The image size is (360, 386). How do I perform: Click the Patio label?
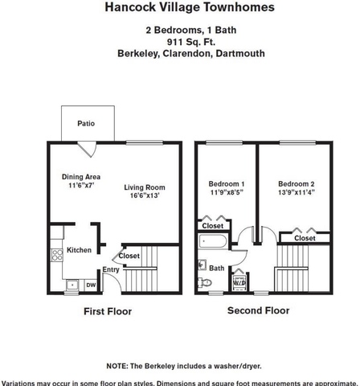click(86, 124)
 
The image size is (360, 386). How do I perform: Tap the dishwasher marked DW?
click(91, 285)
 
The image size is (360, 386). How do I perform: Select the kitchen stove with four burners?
click(57, 255)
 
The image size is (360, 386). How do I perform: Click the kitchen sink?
click(72, 285)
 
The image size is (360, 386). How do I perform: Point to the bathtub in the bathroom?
click(213, 241)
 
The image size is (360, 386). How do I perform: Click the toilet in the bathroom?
click(205, 282)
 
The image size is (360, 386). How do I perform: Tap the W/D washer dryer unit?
click(239, 282)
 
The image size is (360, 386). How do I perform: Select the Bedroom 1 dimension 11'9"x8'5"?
click(227, 192)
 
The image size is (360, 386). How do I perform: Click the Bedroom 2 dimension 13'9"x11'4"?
click(297, 192)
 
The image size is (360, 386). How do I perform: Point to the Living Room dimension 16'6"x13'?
click(145, 195)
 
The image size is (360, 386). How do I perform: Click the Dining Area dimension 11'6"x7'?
click(81, 185)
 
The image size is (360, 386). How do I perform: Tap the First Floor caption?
click(108, 311)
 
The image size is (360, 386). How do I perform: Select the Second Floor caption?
click(259, 310)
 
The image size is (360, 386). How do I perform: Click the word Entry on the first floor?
click(111, 269)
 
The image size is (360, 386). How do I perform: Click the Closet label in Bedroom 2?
click(305, 238)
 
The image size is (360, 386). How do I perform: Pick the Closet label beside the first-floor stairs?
click(129, 256)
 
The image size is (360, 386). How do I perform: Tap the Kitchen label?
click(79, 250)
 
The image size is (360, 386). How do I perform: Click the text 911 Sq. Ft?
click(191, 42)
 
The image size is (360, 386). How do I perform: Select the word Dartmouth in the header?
click(240, 53)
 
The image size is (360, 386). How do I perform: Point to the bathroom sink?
click(202, 265)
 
